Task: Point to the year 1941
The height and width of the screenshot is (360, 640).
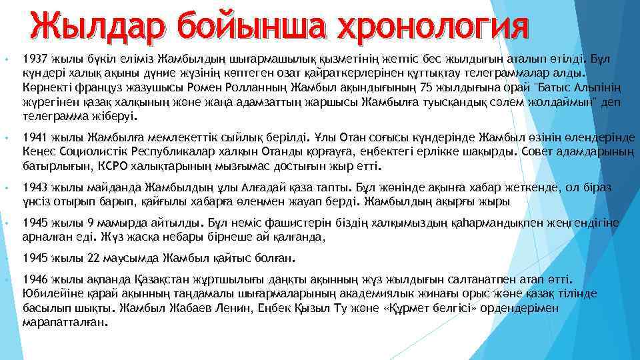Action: (34, 137)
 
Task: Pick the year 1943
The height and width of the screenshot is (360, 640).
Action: (34, 187)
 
